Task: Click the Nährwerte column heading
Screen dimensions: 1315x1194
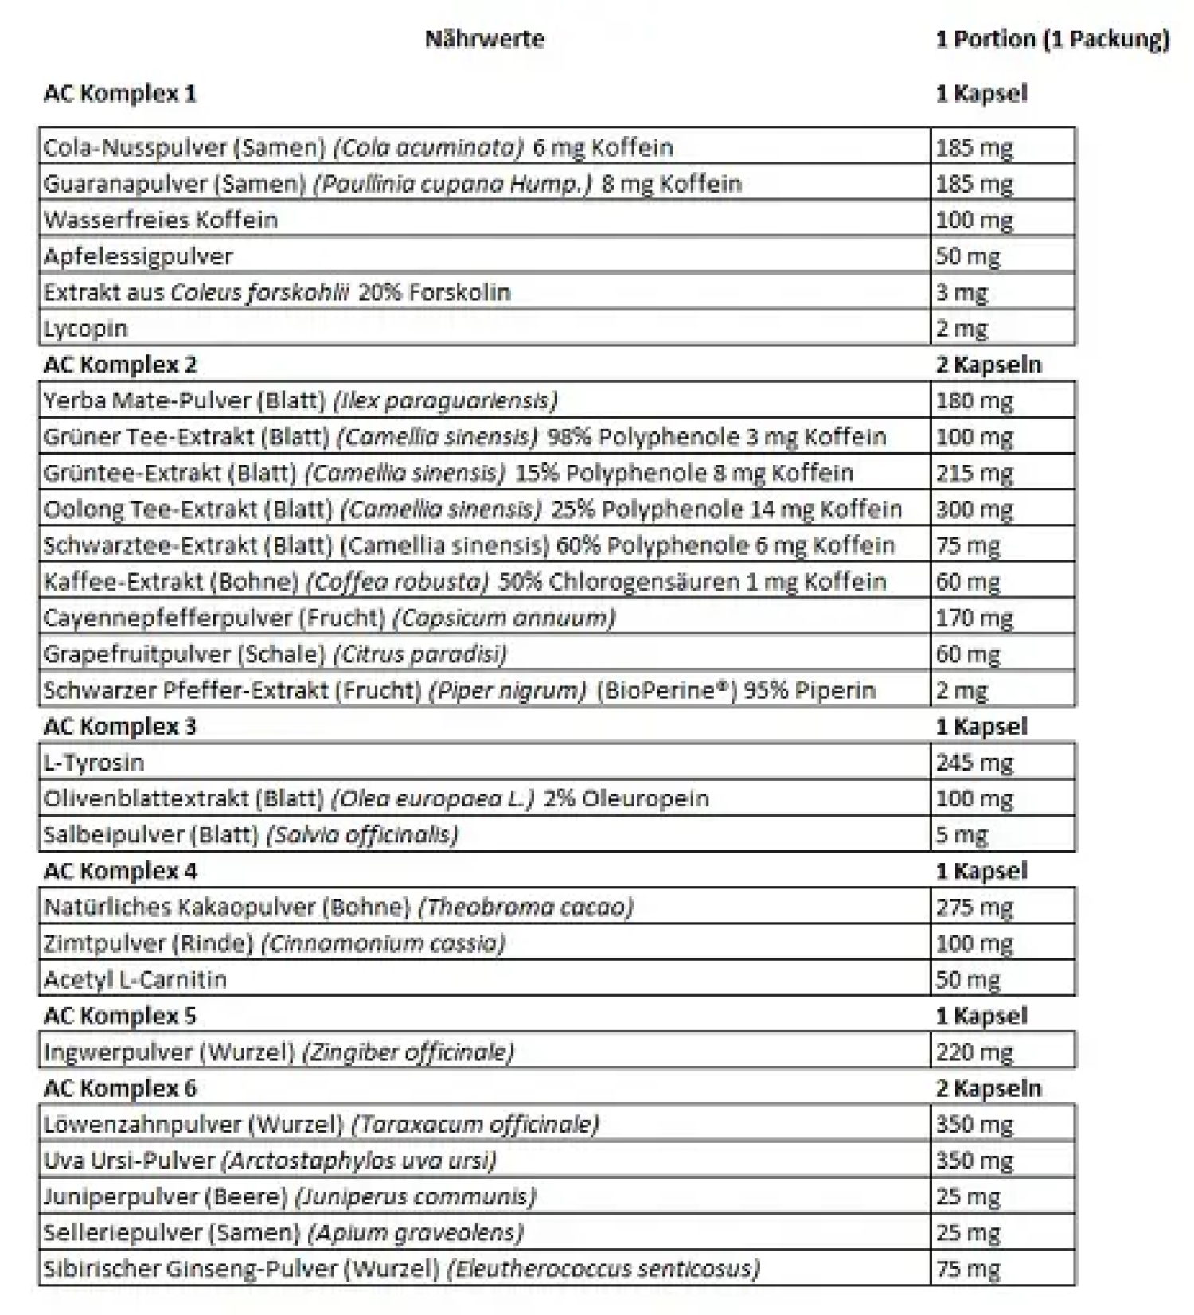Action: click(484, 39)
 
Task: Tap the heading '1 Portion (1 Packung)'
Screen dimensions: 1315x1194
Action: click(1052, 39)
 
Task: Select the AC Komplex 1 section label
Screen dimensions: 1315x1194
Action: click(119, 94)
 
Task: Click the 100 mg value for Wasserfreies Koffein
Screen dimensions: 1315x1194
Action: click(974, 220)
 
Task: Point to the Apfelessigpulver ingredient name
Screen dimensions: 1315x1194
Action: click(138, 256)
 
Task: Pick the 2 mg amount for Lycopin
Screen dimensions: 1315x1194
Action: click(962, 329)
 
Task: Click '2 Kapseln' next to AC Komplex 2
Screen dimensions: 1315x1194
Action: click(988, 365)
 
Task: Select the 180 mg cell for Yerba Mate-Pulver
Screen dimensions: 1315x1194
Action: click(974, 400)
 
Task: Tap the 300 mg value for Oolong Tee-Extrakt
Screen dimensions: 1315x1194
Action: click(974, 509)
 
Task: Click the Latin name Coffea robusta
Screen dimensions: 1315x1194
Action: click(396, 582)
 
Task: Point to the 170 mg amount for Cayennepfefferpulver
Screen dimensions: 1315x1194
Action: click(974, 618)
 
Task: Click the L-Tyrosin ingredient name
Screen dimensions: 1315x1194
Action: click(93, 763)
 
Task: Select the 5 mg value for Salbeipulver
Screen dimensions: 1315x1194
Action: click(962, 835)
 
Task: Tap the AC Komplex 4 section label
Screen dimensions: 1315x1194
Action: click(119, 871)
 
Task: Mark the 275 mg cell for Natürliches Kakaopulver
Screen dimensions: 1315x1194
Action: click(974, 907)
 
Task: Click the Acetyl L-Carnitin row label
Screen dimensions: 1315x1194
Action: click(135, 980)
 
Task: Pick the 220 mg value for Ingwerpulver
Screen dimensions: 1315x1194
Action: click(974, 1052)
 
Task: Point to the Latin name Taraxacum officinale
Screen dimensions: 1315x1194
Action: click(474, 1125)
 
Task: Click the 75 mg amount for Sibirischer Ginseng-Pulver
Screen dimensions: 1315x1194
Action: click(967, 1269)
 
